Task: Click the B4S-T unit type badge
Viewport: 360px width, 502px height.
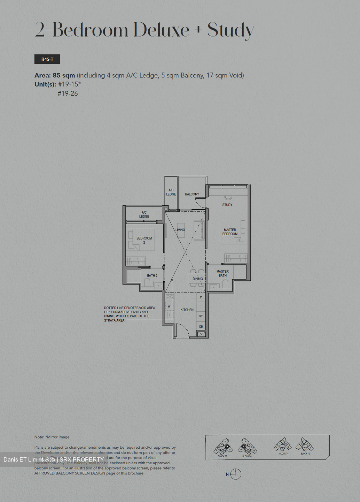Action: point(47,59)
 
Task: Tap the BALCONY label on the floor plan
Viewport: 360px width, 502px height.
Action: point(192,194)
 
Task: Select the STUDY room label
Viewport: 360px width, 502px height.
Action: point(227,205)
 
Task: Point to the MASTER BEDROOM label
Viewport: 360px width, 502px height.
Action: point(230,232)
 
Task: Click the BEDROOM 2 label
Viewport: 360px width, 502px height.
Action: point(144,240)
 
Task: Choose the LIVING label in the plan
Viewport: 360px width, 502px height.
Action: point(180,230)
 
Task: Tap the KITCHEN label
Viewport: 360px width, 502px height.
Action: point(187,310)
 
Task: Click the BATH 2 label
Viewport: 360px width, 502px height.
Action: point(152,275)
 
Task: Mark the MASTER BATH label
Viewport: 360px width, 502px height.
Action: point(222,273)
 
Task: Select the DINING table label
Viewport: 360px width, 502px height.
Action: point(197,279)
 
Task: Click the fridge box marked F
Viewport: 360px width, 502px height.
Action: point(201,297)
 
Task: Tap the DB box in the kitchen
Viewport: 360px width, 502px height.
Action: point(201,327)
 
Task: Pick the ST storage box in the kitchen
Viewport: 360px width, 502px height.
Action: point(201,316)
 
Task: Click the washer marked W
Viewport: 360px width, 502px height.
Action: point(169,306)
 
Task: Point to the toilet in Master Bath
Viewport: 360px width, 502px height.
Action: point(225,284)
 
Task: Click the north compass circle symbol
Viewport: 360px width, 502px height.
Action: point(236,474)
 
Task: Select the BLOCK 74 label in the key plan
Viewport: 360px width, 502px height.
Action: point(284,454)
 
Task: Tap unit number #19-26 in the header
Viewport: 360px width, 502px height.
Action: point(68,93)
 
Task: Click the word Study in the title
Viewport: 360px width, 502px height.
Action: point(230,31)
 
